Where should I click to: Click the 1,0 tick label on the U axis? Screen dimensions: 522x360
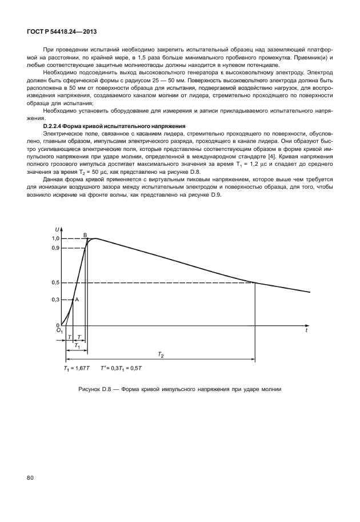click(55, 238)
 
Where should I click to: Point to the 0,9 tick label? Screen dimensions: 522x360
click(55, 248)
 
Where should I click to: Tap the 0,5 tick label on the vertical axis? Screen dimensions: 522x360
click(55, 282)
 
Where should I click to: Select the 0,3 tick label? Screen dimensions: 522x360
click(55, 300)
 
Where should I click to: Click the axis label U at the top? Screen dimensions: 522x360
click(57, 229)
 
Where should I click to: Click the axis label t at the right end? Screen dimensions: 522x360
click(307, 331)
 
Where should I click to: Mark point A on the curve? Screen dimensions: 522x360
click(77, 299)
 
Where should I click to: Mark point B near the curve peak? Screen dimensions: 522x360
click(85, 235)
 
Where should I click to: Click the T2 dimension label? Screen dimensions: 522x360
click(161, 355)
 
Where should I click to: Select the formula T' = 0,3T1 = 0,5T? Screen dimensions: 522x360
click(122, 369)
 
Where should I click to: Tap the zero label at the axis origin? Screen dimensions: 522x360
click(57, 324)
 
